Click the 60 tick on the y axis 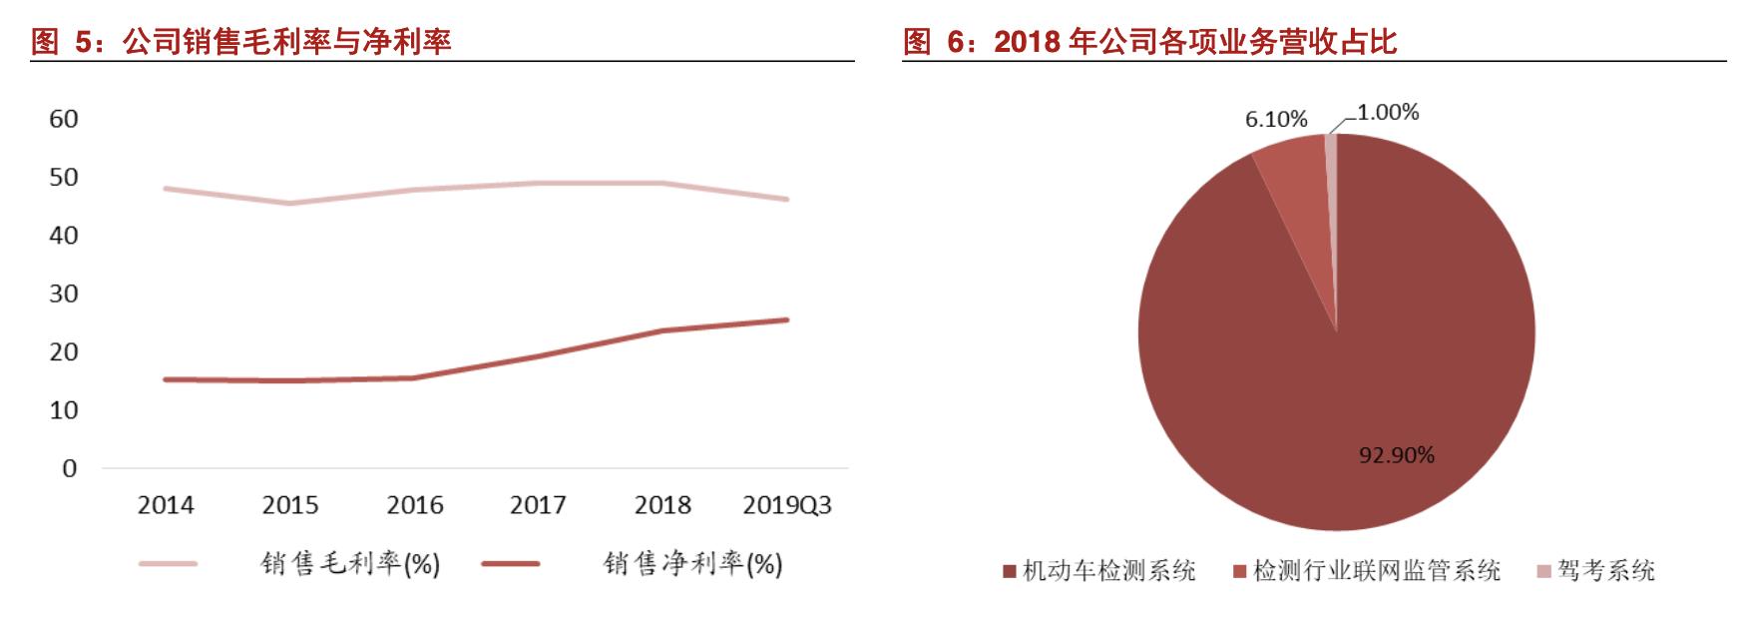[64, 119]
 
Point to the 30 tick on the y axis [64, 294]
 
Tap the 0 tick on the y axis [69, 468]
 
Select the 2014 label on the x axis [166, 505]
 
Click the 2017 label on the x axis [538, 505]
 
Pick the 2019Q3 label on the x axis [787, 505]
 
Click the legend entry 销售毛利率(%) [349, 564]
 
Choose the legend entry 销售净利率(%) [692, 564]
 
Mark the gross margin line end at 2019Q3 [786, 200]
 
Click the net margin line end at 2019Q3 [786, 319]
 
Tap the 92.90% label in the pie [1397, 455]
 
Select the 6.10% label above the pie [1276, 120]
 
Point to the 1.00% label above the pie [1388, 113]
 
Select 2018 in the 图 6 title [1027, 41]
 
